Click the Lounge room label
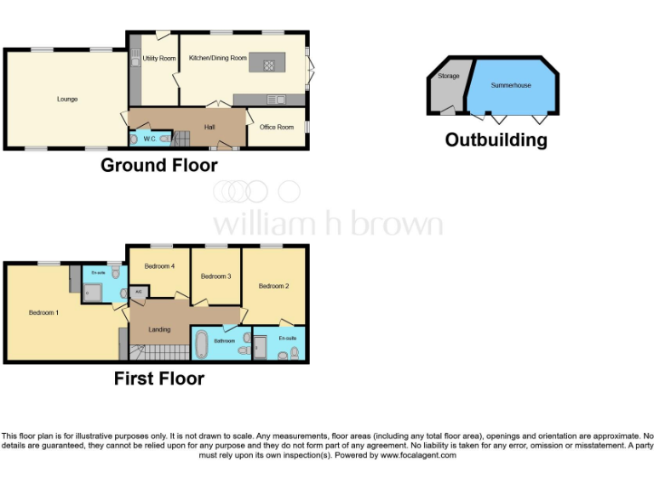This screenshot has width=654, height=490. pyautogui.click(x=67, y=100)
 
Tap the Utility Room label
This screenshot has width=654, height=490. pyautogui.click(x=159, y=59)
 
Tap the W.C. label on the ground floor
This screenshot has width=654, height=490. pyautogui.click(x=147, y=138)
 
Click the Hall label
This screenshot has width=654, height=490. pyautogui.click(x=209, y=128)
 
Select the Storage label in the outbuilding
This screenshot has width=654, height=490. pyautogui.click(x=449, y=77)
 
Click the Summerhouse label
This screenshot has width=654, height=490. pyautogui.click(x=511, y=86)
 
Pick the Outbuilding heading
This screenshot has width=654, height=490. pyautogui.click(x=496, y=140)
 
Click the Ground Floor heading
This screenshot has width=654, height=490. pyautogui.click(x=159, y=165)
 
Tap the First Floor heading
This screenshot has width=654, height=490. pyautogui.click(x=159, y=379)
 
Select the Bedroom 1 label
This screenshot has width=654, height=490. pyautogui.click(x=43, y=313)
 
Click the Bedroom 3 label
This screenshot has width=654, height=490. pyautogui.click(x=215, y=276)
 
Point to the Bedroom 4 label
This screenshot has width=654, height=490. pyautogui.click(x=159, y=266)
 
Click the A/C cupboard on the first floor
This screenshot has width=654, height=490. pyautogui.click(x=139, y=292)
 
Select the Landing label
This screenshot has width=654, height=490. pyautogui.click(x=159, y=330)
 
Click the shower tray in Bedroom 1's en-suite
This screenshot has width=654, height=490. pyautogui.click(x=93, y=292)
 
